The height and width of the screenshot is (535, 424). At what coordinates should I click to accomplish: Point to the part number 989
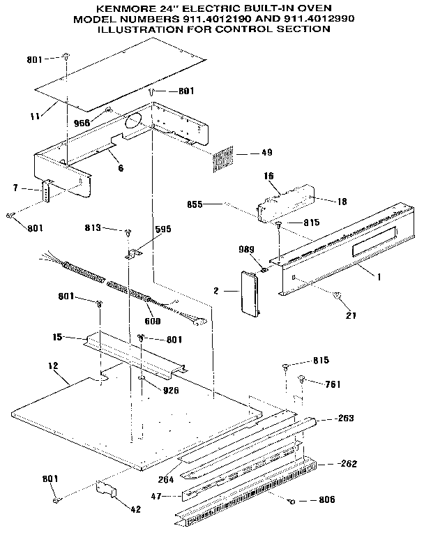[248, 250]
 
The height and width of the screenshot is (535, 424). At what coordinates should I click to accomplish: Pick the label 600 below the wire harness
[152, 321]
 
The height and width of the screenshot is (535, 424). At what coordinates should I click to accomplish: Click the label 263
[344, 418]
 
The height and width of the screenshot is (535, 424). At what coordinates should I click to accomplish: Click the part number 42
[135, 509]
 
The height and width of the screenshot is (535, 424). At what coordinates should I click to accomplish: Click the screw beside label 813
[128, 232]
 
